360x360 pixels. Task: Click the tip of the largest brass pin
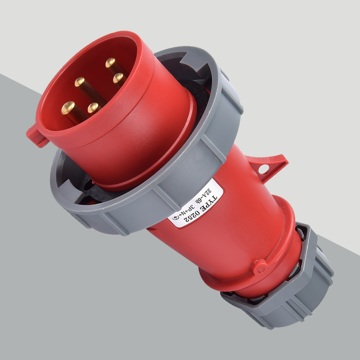(x=68, y=108)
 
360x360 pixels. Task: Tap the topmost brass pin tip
(x=110, y=63)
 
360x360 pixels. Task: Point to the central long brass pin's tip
(x=80, y=82)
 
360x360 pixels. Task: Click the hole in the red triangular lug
(x=264, y=169)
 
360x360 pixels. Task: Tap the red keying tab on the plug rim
(x=37, y=136)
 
